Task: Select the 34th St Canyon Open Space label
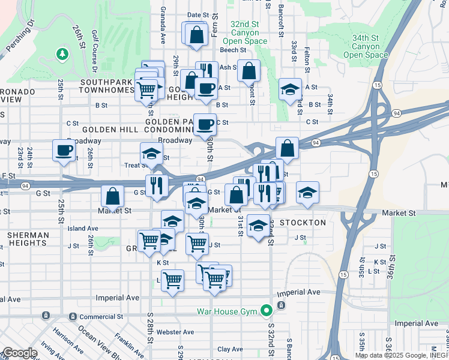[x=366, y=46]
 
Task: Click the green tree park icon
[x=62, y=55]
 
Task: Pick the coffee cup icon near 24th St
[x=64, y=151]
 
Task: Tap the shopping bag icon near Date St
[x=196, y=35]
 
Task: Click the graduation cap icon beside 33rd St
[x=291, y=90]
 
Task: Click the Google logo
[x=19, y=352]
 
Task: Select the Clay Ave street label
[x=230, y=349]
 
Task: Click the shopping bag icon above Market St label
[x=112, y=196]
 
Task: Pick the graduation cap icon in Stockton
[x=258, y=226]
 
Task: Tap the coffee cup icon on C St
[x=205, y=125]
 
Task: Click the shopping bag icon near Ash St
[x=249, y=71]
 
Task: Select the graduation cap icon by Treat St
[x=151, y=154]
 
